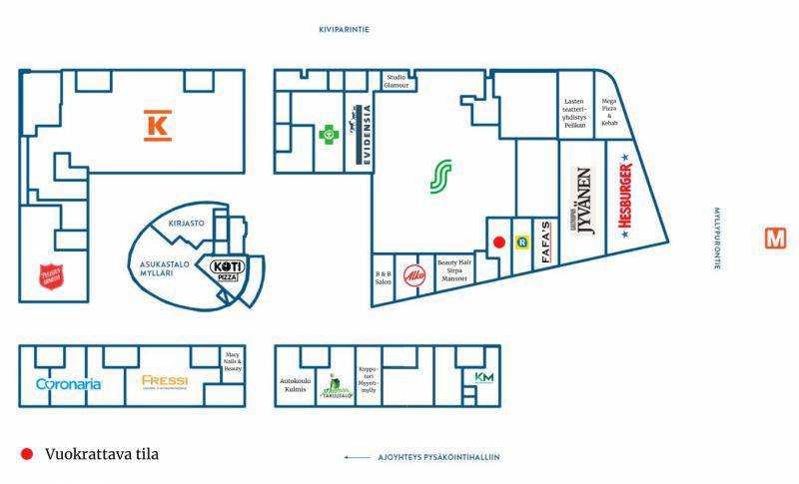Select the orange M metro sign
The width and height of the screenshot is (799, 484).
775,239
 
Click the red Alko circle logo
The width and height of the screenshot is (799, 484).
414,274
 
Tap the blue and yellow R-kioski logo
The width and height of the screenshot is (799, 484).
520,242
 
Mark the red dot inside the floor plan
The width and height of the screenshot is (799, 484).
499,242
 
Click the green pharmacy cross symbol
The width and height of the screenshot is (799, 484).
327,133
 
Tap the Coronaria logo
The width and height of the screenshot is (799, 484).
68,383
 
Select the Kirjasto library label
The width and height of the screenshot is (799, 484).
187,224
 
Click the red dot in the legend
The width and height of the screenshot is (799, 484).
27,455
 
